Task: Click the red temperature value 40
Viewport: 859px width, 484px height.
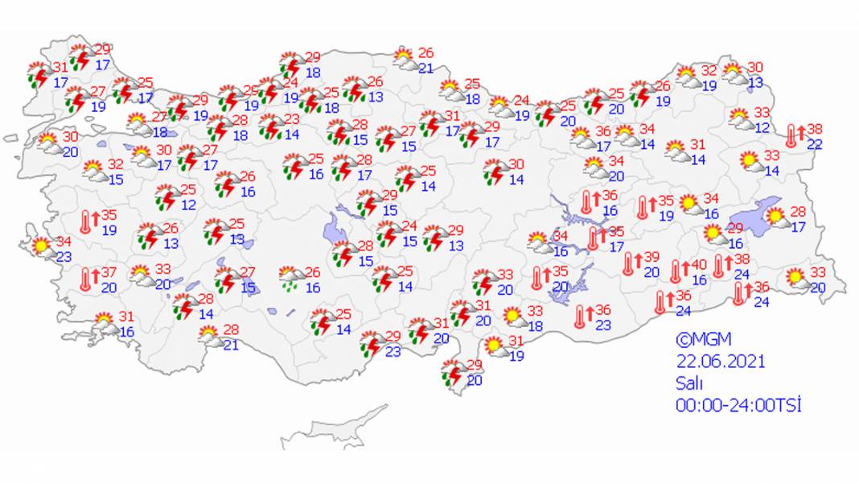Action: coord(699,265)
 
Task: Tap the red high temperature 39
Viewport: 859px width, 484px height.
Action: coord(651,257)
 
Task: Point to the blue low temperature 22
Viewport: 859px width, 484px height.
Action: coord(815,143)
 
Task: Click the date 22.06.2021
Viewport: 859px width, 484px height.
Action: coord(720,362)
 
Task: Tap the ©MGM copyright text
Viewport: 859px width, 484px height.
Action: coord(704,340)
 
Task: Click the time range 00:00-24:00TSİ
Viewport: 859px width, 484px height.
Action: coord(739,405)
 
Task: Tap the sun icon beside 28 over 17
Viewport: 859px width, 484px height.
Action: coord(776,216)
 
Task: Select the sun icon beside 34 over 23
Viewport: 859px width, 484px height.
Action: coord(39,246)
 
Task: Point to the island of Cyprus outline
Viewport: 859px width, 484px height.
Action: coord(334,427)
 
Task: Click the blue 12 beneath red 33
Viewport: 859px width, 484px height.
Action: coord(762,127)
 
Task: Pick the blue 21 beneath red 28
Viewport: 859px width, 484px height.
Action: coord(231,345)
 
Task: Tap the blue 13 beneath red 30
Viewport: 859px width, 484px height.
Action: coord(755,82)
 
